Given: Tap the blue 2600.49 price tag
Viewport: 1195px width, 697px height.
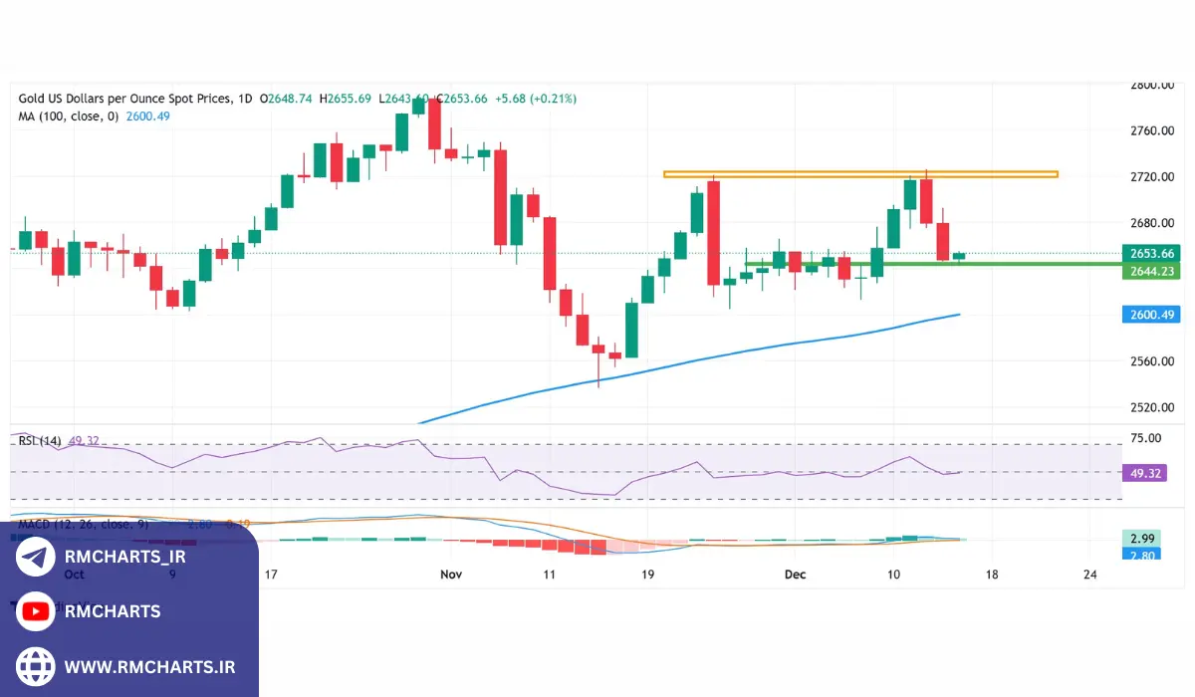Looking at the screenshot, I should point(1151,315).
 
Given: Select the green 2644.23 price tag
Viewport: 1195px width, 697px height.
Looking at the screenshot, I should point(1151,270).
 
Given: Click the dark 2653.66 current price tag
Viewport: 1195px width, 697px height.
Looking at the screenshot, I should point(1151,253).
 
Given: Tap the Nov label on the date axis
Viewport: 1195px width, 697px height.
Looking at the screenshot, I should point(451,575).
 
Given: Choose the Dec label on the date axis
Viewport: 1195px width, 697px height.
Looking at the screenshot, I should point(794,575).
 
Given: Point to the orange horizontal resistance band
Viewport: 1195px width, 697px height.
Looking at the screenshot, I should point(860,174).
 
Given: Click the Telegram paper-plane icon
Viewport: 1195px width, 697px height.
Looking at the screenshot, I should point(36,558).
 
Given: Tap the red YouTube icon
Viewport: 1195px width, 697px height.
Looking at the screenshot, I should point(36,611).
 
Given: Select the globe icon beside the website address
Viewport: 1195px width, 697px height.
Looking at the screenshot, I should point(36,666).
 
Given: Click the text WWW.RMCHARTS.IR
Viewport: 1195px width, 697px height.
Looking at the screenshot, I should point(149,666).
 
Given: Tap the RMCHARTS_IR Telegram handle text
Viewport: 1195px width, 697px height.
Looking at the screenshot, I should point(124,558).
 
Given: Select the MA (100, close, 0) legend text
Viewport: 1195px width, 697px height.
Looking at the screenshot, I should point(68,116).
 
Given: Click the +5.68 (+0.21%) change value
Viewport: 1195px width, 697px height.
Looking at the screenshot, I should point(540,99).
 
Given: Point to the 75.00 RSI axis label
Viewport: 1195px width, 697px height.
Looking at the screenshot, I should point(1146,437).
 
